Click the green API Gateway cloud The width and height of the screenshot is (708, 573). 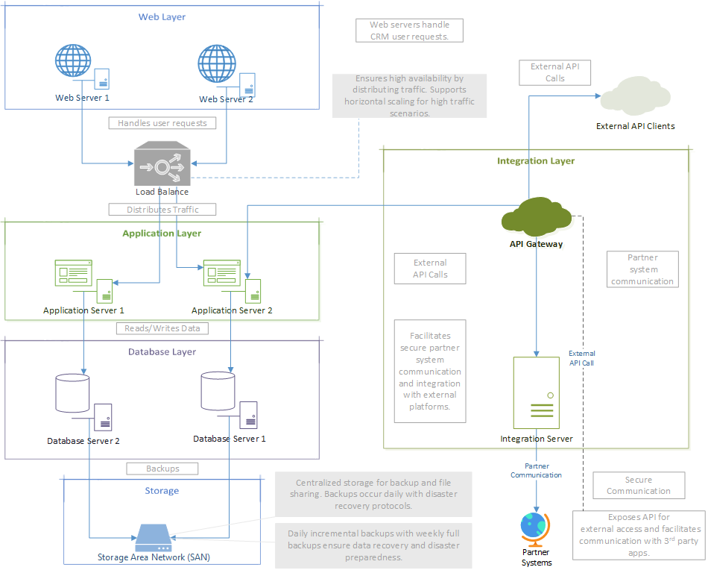coord(536,217)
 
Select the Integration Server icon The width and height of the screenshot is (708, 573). coord(536,393)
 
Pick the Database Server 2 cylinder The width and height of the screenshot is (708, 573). coord(73,392)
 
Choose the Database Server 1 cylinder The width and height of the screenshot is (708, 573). coord(218,390)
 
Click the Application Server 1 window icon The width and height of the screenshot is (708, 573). coord(73,273)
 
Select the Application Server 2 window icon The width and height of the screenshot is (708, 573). coord(221,273)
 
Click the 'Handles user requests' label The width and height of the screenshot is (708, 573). coord(162,123)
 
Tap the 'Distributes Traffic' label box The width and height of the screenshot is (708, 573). coord(162,210)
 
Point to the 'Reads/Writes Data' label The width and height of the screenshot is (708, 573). coord(162,328)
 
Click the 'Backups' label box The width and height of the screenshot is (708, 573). coord(162,469)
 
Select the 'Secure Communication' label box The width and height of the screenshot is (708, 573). coord(639,485)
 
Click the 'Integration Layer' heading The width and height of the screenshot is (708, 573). coord(536,160)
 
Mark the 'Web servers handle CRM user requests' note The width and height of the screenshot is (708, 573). coord(409,31)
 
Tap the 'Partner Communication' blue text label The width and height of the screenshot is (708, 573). coord(536,470)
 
